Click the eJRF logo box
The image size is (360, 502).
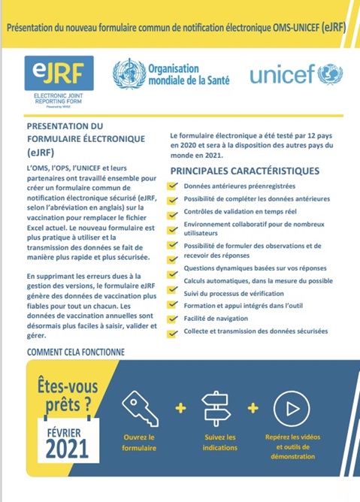pos(59,72)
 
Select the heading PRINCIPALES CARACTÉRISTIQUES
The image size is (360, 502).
pos(244,171)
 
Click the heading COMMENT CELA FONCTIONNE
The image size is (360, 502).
pos(75,352)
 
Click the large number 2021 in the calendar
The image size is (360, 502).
pos(67,449)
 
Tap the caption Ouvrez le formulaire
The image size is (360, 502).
pos(140,442)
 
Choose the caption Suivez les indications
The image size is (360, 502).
pos(219,442)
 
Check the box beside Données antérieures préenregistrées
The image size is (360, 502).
pos(174,186)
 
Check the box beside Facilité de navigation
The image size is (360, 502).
pos(174,319)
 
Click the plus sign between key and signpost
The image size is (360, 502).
pos(180,407)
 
